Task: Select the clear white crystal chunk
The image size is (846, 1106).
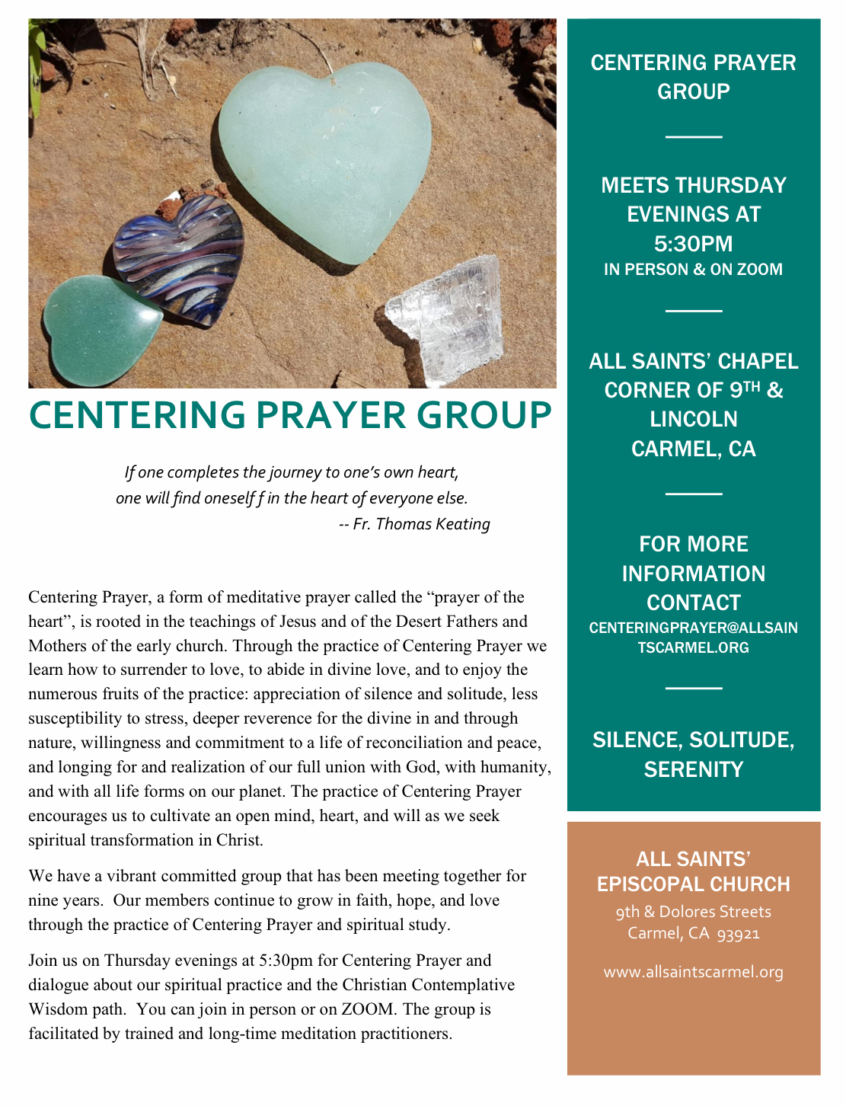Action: (445, 320)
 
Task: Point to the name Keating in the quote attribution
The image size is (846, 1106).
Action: (461, 524)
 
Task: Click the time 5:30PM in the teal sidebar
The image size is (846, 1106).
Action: (693, 244)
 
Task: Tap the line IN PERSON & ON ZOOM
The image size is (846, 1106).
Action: (693, 270)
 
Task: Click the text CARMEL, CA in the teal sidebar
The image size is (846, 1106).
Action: (693, 449)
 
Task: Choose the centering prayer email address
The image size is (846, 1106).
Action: (693, 638)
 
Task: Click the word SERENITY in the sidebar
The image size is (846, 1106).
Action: (693, 769)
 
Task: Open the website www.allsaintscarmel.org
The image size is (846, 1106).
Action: (693, 972)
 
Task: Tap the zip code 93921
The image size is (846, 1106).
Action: (739, 934)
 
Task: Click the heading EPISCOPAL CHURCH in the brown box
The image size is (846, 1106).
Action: (693, 884)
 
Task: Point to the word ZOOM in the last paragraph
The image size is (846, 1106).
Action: (368, 1009)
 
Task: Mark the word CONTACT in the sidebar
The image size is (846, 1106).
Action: (693, 603)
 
